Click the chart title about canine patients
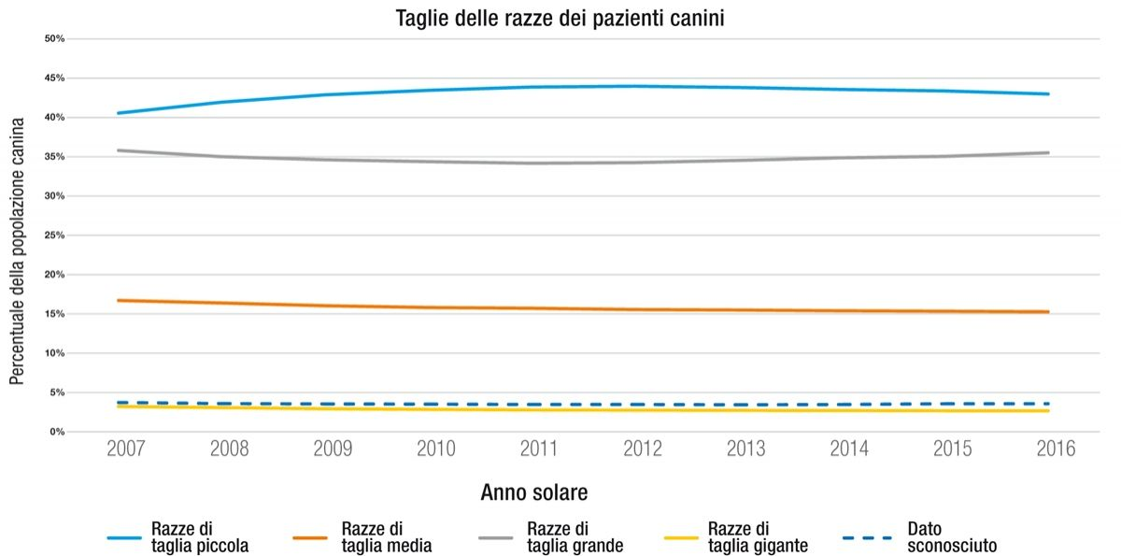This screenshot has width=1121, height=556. pyautogui.click(x=560, y=18)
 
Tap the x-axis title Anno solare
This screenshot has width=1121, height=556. pyautogui.click(x=534, y=492)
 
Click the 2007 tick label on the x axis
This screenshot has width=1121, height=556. pyautogui.click(x=125, y=449)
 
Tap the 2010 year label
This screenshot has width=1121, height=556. pyautogui.click(x=434, y=449)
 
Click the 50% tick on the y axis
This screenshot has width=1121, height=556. pyautogui.click(x=54, y=39)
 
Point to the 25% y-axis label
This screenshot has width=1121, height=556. pyautogui.click(x=54, y=235)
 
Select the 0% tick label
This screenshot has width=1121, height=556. pyautogui.click(x=56, y=432)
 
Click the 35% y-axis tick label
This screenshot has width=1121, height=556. pyautogui.click(x=54, y=157)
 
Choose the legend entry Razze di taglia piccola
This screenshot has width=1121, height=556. pyautogui.click(x=199, y=537)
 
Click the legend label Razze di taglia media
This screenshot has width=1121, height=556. pyautogui.click(x=386, y=537)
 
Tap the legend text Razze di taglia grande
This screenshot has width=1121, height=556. pyautogui.click(x=575, y=537)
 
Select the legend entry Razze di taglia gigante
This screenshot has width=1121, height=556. pyautogui.click(x=758, y=537)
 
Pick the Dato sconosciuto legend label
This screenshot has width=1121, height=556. pyautogui.click(x=951, y=537)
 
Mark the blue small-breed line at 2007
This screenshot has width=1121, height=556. pyautogui.click(x=120, y=113)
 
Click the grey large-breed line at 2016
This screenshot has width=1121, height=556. pyautogui.click(x=1048, y=152)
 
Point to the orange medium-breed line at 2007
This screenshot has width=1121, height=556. pyautogui.click(x=120, y=300)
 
